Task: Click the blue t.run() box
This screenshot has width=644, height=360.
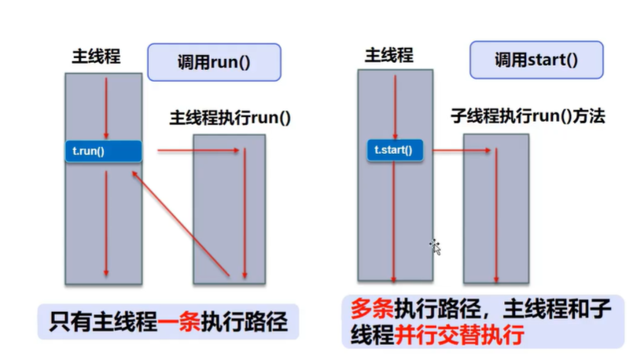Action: [x=104, y=151]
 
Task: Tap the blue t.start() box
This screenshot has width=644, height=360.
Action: [x=395, y=150]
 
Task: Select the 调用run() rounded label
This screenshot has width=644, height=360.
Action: [x=214, y=62]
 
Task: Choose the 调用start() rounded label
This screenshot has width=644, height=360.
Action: [x=536, y=60]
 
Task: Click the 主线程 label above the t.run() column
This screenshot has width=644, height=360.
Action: [x=96, y=57]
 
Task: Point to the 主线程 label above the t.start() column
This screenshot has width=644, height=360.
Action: [x=389, y=55]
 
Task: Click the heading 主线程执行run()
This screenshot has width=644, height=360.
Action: [x=230, y=118]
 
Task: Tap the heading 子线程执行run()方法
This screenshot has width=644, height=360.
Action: [x=528, y=116]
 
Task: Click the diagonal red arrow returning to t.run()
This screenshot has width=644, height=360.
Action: [x=180, y=224]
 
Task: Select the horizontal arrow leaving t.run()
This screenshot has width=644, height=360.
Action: [x=198, y=151]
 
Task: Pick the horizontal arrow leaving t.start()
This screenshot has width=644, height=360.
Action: [x=462, y=151]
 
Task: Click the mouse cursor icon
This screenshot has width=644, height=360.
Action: [x=436, y=247]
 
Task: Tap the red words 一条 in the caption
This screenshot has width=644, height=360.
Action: [x=178, y=321]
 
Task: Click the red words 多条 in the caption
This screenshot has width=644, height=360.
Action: [x=372, y=309]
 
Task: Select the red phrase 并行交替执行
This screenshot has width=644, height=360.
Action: [x=459, y=336]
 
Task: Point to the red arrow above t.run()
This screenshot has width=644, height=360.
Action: [x=106, y=108]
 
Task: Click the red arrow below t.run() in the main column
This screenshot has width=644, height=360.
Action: [x=106, y=223]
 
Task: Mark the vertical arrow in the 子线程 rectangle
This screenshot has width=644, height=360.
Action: [x=496, y=215]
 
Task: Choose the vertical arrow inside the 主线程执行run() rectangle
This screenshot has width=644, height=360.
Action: [x=245, y=213]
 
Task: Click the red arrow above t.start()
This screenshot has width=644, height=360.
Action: [x=395, y=108]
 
